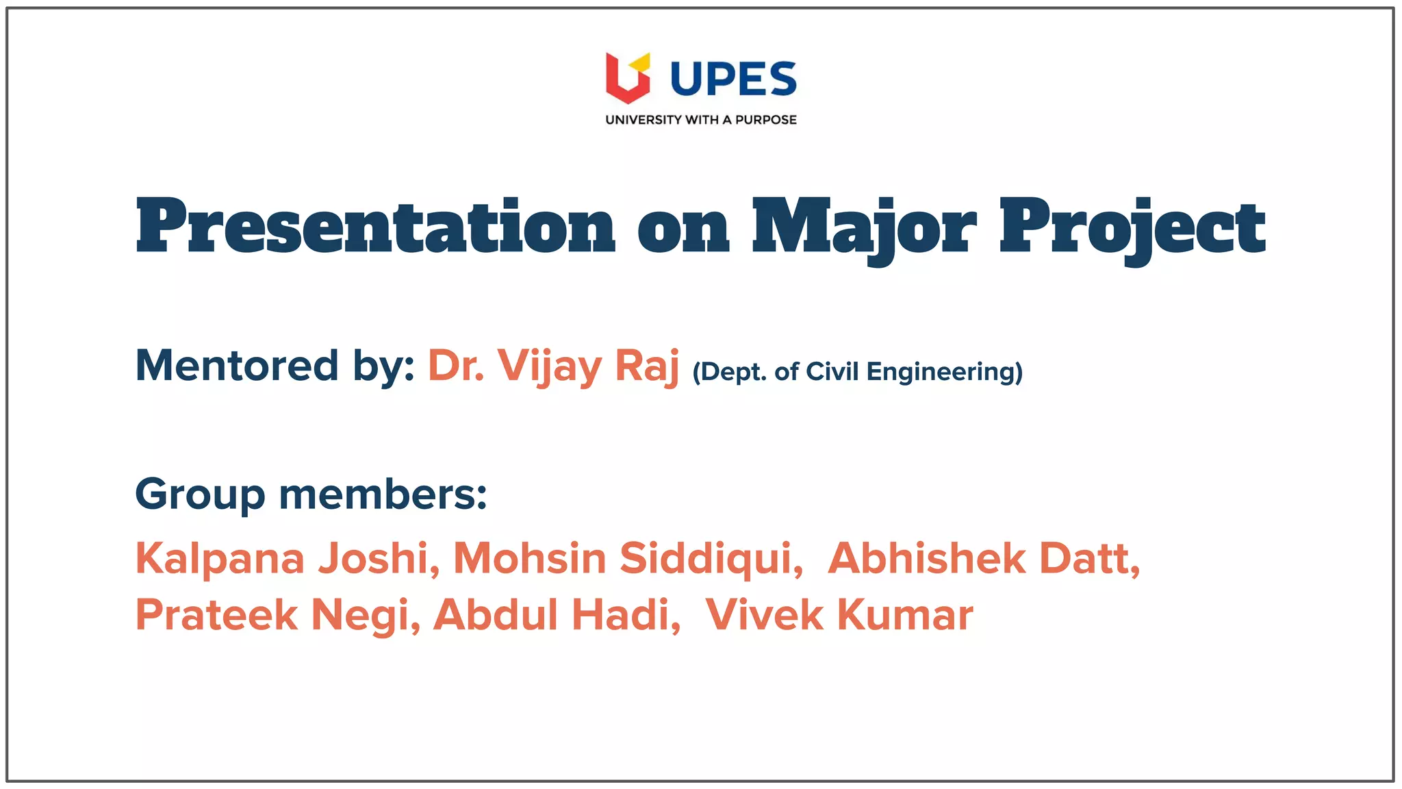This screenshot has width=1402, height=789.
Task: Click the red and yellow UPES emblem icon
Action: [627, 77]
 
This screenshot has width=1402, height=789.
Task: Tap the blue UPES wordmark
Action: [733, 79]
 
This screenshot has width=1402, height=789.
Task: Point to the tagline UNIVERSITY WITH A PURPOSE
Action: [700, 120]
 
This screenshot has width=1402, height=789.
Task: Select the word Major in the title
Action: [864, 227]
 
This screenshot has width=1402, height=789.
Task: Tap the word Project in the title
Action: [1132, 227]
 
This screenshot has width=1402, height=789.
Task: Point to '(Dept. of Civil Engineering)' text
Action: [857, 371]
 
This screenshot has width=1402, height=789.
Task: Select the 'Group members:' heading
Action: [311, 494]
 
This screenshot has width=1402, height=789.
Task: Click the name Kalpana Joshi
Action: [287, 558]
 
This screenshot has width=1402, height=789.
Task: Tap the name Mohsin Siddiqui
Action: [627, 558]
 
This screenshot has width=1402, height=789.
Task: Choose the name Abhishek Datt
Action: [983, 558]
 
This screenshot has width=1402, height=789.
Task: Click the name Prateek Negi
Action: [277, 614]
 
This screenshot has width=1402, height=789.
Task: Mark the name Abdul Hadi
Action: [556, 614]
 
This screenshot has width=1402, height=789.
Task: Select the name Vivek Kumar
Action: [839, 614]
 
